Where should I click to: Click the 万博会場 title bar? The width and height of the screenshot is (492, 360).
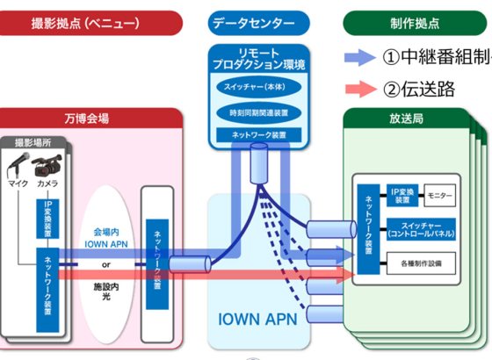coord(91,118)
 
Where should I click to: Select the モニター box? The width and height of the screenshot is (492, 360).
coord(435,191)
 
